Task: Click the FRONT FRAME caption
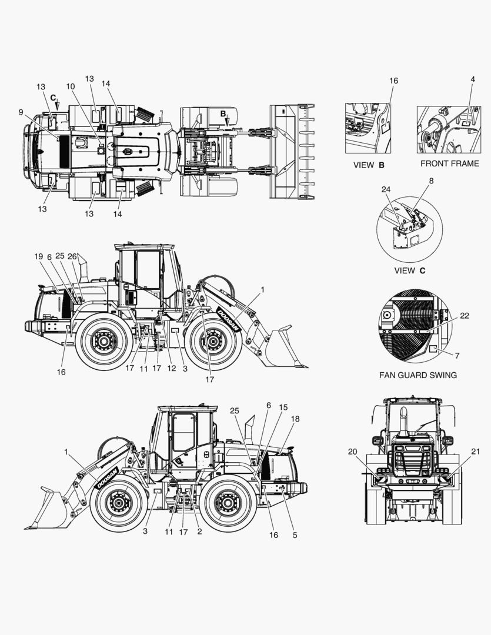pos(450,163)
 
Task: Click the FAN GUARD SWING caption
pos(417,375)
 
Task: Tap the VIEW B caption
pos(369,165)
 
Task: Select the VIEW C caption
pos(410,270)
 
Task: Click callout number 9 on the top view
pos(21,112)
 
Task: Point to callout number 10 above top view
pos(71,86)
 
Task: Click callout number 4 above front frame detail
pos(473,79)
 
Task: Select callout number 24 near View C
pos(386,189)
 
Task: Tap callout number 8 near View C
pos(431,181)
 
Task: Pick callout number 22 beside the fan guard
pos(465,316)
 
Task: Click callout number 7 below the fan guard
pos(457,356)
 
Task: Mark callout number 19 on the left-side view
pos(38,256)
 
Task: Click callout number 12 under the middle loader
pos(172,369)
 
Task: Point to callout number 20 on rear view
pos(352,452)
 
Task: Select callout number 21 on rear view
pos(476,452)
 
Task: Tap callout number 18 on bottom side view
pos(295,419)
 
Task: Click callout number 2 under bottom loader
pos(199,532)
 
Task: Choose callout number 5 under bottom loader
pos(295,535)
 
